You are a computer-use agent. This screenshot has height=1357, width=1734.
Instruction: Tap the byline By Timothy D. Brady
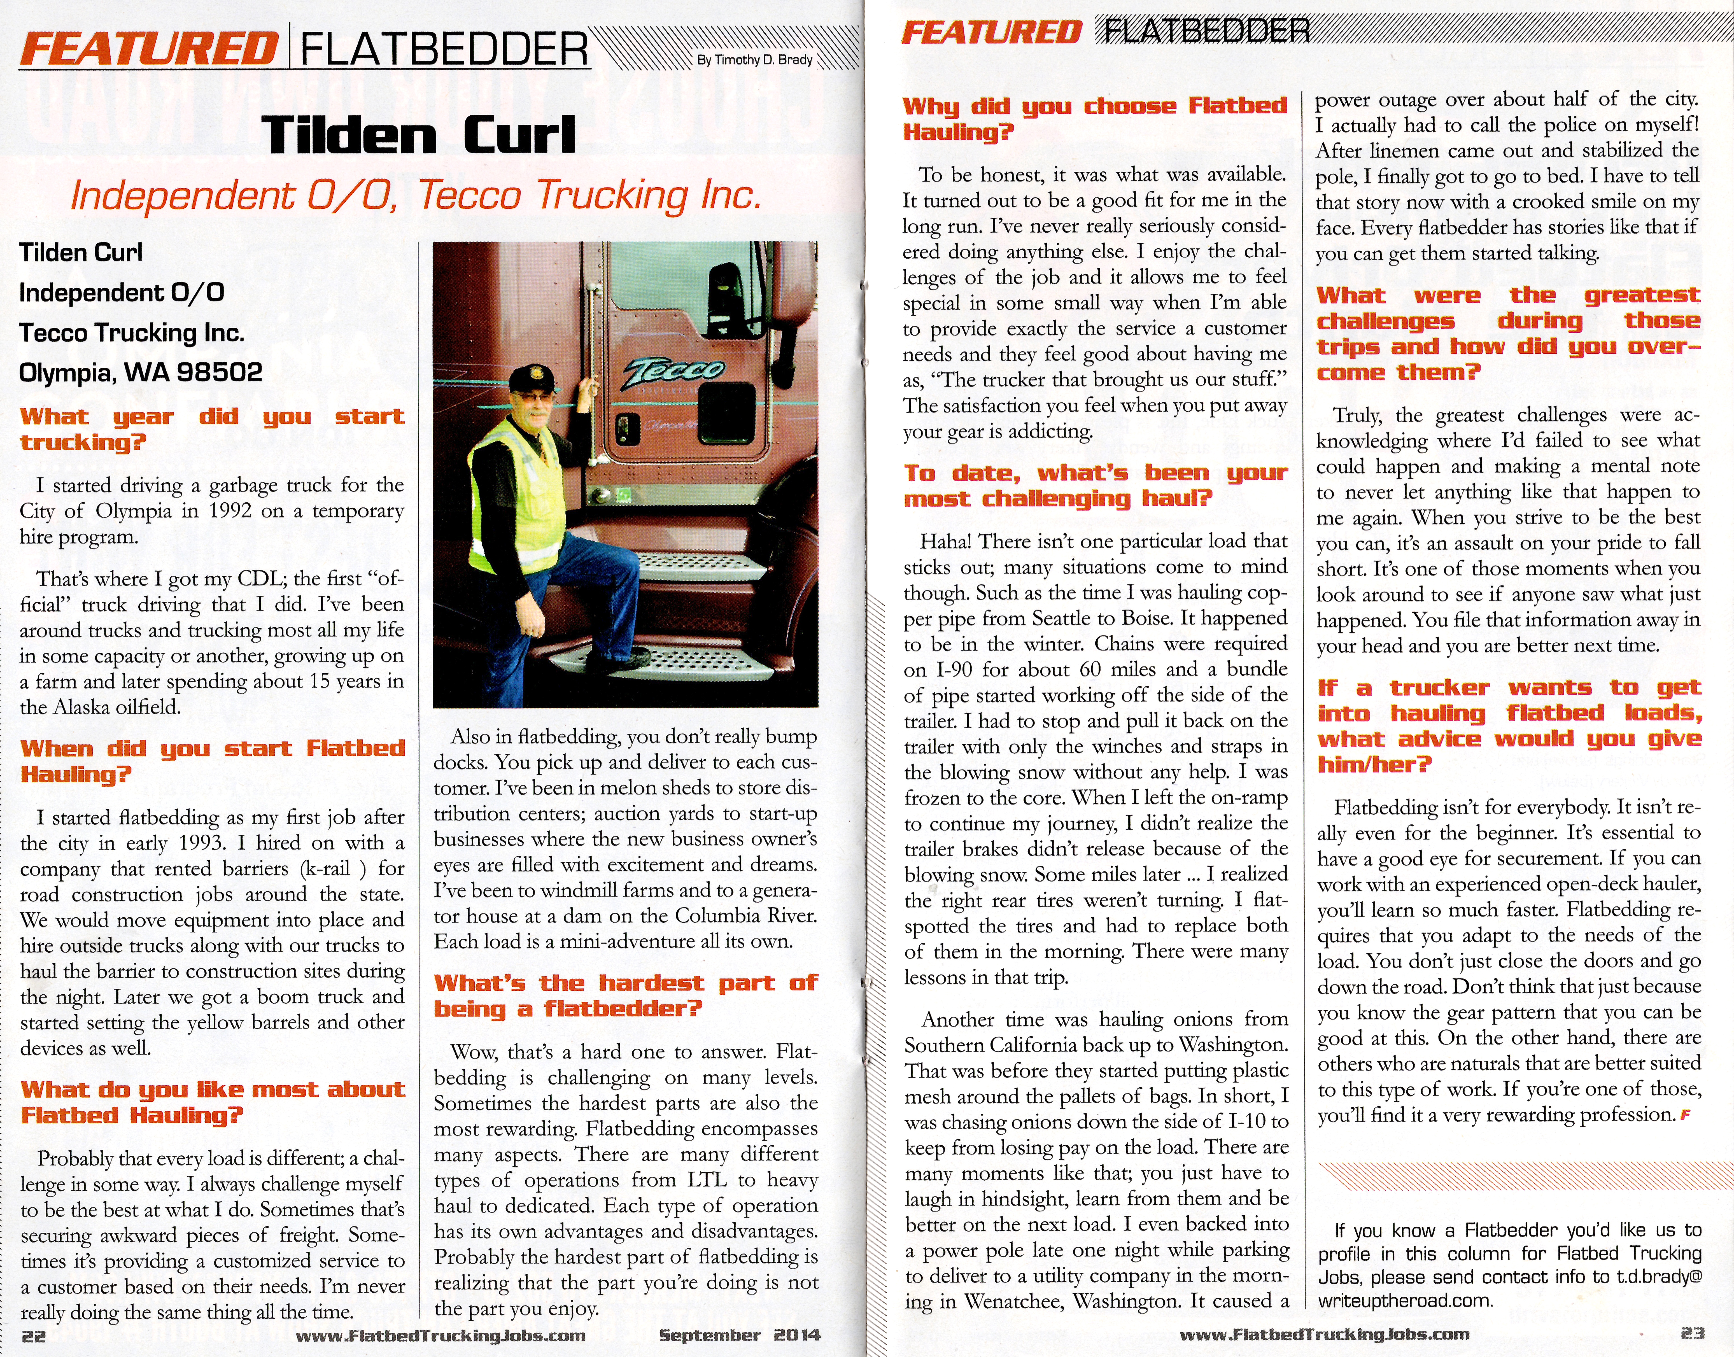tap(755, 60)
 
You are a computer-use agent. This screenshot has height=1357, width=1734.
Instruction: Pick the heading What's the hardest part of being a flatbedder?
tap(625, 995)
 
